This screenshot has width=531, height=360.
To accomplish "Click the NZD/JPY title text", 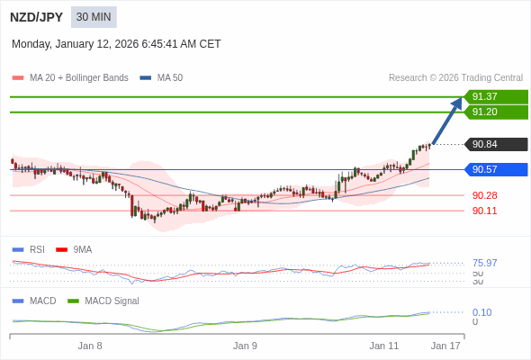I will point(37,17).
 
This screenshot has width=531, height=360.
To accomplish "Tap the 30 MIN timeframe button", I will point(94,17).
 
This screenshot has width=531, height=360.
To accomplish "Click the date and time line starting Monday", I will point(116,44).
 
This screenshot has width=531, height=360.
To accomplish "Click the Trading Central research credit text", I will point(455,78).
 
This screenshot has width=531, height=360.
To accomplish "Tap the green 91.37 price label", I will point(496,96).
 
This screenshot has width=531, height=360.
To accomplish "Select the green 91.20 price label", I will point(496,112).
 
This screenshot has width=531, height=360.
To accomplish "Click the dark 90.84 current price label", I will point(496,144).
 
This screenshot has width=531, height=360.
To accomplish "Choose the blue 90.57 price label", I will point(496,169).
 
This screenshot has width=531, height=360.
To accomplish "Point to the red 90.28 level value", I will point(485,195).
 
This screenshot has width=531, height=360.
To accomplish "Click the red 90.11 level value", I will point(485,211).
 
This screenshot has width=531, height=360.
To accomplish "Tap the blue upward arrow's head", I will point(457,103).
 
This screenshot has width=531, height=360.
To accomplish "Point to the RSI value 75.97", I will point(485,263).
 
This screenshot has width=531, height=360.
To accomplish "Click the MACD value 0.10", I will point(481,312).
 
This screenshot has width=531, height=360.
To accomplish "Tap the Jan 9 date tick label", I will point(245,345).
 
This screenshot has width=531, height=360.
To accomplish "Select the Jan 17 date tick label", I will point(445,345).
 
